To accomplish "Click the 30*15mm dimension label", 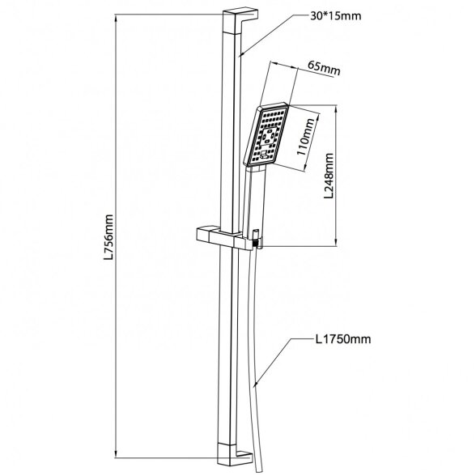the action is click(x=336, y=16).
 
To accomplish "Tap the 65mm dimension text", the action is click(x=324, y=68).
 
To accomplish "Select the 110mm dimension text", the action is click(x=305, y=137).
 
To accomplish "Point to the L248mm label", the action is click(x=329, y=176).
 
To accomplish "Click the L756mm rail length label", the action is click(x=108, y=237).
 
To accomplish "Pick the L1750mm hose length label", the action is click(x=343, y=338).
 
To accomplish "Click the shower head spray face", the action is click(x=266, y=134).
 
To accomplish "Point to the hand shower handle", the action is click(x=254, y=199).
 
